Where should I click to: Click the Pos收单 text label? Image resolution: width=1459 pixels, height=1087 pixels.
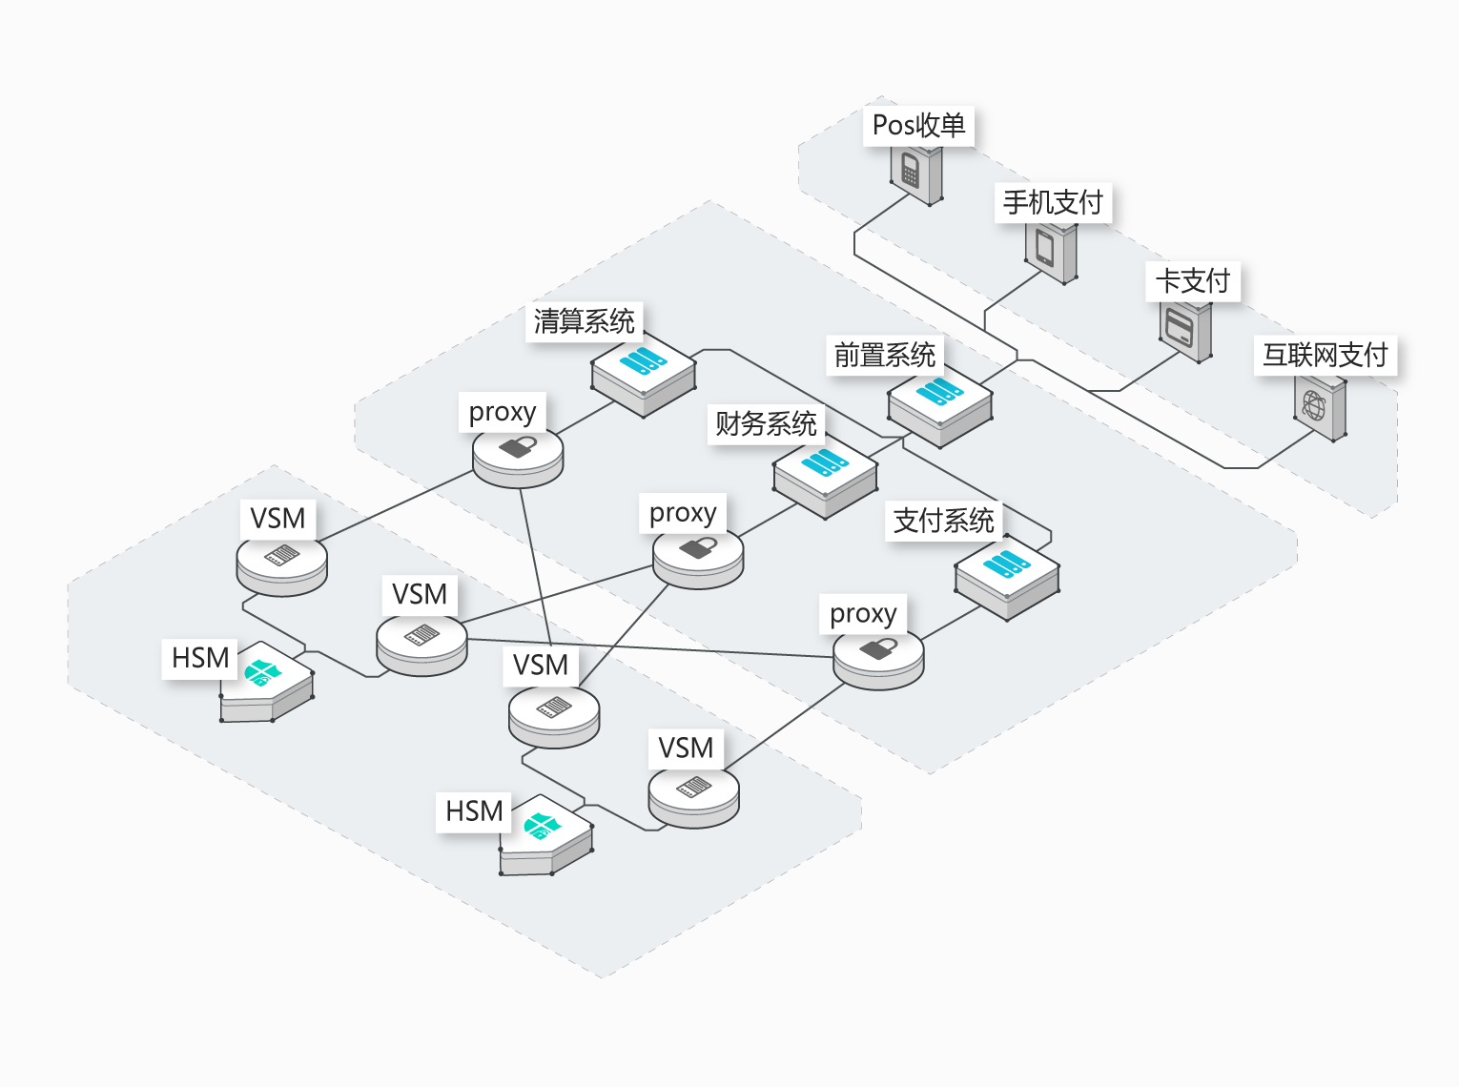pos(918,126)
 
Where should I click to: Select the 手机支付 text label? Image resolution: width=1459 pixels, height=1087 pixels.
pos(1053,203)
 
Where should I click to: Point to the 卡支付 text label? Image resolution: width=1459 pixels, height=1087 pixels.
pos(1192,281)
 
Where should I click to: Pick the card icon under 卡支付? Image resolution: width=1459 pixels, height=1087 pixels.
pos(1185,330)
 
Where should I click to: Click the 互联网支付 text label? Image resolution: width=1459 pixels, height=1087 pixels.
pos(1325,355)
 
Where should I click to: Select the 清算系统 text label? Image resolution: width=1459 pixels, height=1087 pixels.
pos(584,321)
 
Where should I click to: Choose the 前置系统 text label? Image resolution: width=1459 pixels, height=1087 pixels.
pos(884,356)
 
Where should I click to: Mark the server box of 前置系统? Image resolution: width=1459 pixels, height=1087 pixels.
pos(940,404)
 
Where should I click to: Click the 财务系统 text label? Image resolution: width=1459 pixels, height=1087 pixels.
pos(766,423)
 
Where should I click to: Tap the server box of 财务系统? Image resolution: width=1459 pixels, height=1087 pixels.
pos(825,476)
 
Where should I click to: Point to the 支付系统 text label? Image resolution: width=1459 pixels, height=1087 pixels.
pos(943,521)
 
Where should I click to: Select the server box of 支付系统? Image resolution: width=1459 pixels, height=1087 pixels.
pos(1007,577)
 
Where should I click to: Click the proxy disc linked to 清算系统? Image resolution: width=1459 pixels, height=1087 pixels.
pos(518,456)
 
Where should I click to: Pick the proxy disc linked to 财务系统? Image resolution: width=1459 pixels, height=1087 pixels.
pos(698,557)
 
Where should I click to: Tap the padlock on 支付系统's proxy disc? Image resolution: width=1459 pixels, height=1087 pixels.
pos(878,649)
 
